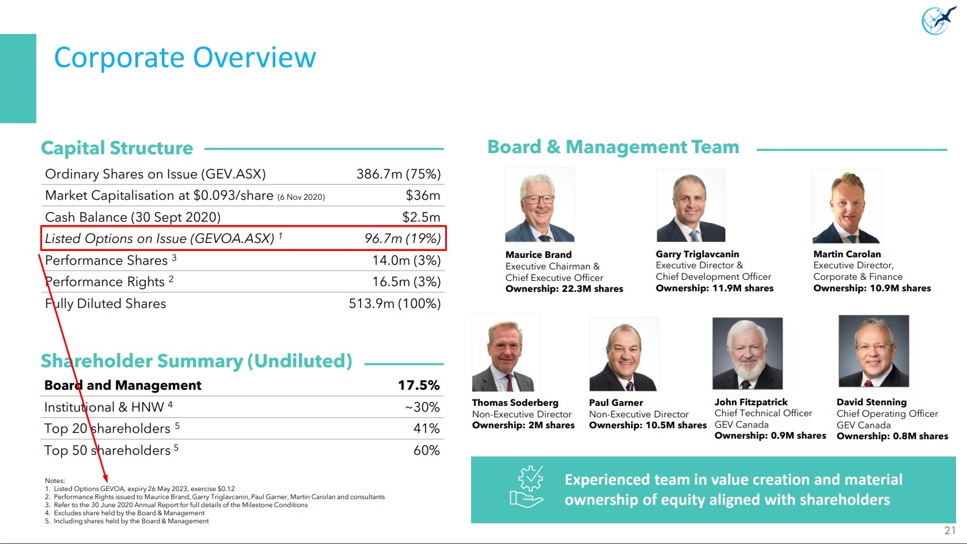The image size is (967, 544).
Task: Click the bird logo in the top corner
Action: pos(938,21)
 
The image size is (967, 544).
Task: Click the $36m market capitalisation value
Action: pos(423,196)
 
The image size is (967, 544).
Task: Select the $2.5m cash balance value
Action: pos(421,218)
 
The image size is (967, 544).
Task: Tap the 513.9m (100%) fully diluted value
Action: pos(395,304)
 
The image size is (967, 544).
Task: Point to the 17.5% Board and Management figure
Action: pos(419,385)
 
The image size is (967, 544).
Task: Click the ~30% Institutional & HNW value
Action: pos(422,408)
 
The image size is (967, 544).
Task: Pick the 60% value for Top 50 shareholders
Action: pos(426,451)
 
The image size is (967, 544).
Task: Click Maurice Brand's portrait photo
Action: pos(540,206)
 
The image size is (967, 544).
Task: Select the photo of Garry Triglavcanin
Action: pos(691,206)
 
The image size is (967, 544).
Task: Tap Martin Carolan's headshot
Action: pos(847,207)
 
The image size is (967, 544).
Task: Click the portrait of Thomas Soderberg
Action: pos(506,353)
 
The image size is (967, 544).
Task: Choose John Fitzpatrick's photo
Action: pos(747,353)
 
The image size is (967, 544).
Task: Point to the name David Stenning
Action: pos(871,402)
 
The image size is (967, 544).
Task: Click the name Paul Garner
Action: pos(616,403)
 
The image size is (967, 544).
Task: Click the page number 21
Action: pos(950,530)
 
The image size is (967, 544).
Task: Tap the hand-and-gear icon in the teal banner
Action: pos(528,487)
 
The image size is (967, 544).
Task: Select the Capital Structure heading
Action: pos(117,148)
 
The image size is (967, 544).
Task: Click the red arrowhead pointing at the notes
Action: pos(105,478)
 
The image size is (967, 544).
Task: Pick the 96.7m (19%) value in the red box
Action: pos(403,239)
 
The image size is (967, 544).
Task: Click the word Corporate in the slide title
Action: pos(119,58)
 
